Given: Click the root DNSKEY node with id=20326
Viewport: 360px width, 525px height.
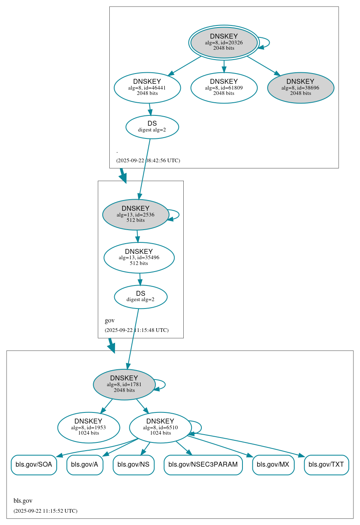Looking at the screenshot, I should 224,42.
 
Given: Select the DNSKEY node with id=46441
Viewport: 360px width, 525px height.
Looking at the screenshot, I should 147,87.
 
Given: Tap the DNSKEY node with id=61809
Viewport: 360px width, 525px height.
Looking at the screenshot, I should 224,87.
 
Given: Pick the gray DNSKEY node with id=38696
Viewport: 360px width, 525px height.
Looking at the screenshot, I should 300,87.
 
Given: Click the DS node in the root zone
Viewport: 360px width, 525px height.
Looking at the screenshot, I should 152,127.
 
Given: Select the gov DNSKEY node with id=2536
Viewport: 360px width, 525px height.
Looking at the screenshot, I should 136,214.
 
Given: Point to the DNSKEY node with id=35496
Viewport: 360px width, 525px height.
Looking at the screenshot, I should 139,258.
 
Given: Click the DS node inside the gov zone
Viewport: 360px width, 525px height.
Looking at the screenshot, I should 141,297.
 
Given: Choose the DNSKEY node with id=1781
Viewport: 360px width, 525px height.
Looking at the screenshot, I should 124,385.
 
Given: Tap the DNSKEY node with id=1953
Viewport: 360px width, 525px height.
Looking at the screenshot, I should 88,428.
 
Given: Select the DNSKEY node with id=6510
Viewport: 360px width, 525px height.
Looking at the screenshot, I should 160,428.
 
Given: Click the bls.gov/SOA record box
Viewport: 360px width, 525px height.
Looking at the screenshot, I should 34,465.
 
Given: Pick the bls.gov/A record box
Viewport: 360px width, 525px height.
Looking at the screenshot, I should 85,465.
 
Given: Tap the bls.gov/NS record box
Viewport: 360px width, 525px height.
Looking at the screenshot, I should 134,465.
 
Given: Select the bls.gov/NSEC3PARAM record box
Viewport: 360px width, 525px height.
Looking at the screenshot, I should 203,465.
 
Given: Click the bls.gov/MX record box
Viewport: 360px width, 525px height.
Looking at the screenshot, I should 273,465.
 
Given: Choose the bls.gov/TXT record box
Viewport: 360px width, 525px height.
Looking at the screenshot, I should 326,465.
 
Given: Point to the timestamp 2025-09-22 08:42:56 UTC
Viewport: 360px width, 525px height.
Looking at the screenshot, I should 148,161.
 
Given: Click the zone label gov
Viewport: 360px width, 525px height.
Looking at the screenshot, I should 110,320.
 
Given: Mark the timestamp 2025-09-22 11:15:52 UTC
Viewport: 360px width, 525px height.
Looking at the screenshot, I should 45,511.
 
